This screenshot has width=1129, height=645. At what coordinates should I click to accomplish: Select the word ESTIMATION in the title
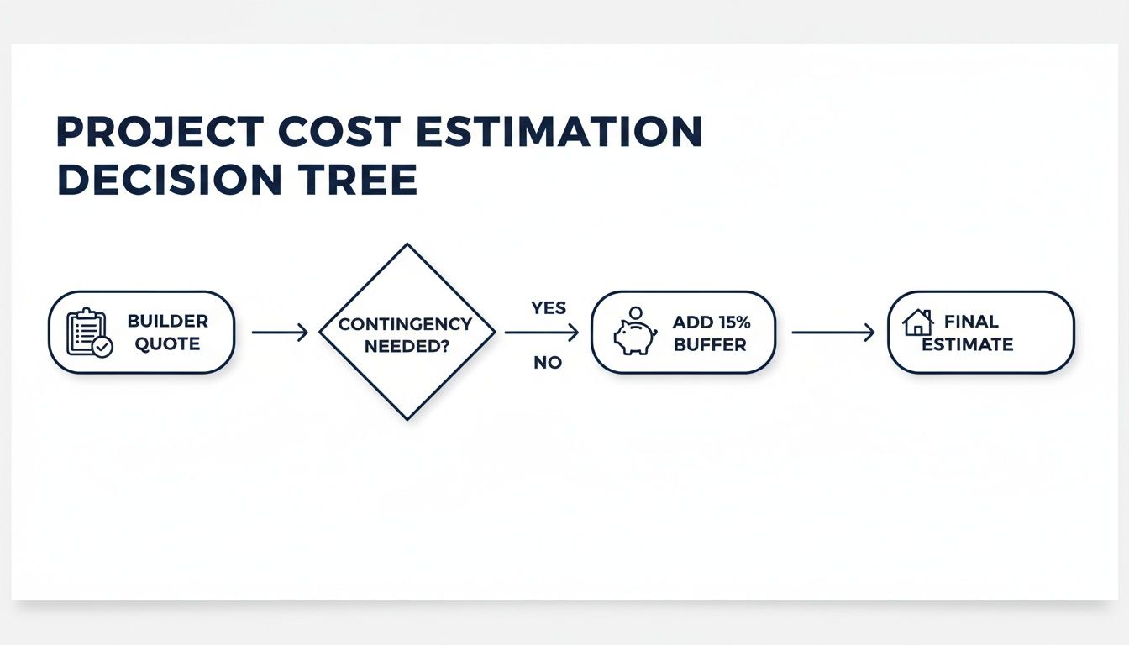570,132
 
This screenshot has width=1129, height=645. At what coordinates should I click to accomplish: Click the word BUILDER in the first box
167,322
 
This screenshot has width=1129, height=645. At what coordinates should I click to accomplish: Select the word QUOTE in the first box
167,343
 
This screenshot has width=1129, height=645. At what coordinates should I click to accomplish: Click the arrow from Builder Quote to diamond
280,333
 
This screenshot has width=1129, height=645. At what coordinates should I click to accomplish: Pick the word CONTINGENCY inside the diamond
407,324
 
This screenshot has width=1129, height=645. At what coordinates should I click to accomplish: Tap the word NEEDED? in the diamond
407,346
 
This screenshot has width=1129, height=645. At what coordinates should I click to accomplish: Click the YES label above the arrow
549,308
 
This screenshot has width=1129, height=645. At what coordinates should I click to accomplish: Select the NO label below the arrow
547,364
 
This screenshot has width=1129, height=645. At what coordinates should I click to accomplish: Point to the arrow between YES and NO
542,333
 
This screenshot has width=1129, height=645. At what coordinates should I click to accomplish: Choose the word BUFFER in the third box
711,343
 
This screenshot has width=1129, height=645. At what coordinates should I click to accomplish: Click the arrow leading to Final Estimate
832,333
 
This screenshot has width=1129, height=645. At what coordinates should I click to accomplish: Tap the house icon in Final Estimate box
918,323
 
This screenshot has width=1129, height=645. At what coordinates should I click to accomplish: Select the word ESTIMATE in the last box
967,343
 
